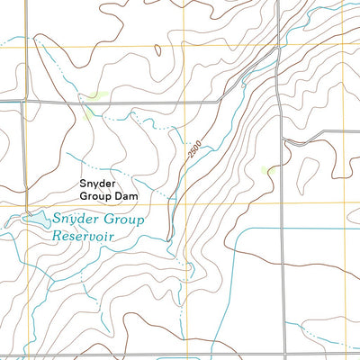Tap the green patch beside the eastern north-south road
pyautogui.click(x=266, y=168)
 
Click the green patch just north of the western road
pyautogui.click(x=97, y=94)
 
